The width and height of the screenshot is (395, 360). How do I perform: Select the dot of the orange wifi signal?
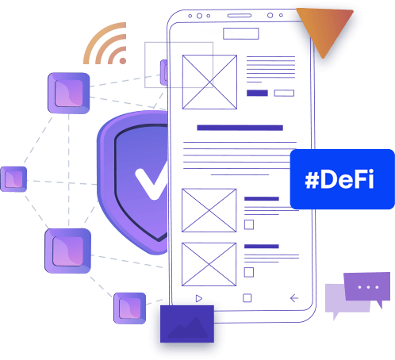pos(123,61)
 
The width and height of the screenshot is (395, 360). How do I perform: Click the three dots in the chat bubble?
pos(368,287)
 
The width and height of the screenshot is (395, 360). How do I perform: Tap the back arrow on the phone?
pos(294,298)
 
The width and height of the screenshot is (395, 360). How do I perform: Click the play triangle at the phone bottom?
pos(199,298)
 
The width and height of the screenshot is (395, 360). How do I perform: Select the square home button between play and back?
pos(247,298)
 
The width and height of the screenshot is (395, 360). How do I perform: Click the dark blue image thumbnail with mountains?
pos(187,324)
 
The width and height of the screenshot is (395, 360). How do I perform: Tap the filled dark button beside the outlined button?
pos(257,93)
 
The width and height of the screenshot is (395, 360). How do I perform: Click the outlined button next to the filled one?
pos(284,93)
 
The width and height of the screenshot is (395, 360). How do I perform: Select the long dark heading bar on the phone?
pos(240,128)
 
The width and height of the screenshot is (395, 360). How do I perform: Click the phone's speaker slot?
pos(240,16)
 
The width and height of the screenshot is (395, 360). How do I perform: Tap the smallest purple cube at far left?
pos(13,179)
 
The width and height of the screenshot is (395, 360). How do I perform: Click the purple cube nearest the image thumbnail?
pos(130,308)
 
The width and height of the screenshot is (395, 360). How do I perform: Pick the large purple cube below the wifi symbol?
pos(69,93)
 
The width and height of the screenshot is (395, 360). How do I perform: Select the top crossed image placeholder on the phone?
pos(209,82)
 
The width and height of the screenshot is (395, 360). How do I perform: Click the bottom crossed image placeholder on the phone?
pos(209,264)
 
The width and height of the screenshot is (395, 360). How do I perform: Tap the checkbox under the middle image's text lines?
pos(249,224)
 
